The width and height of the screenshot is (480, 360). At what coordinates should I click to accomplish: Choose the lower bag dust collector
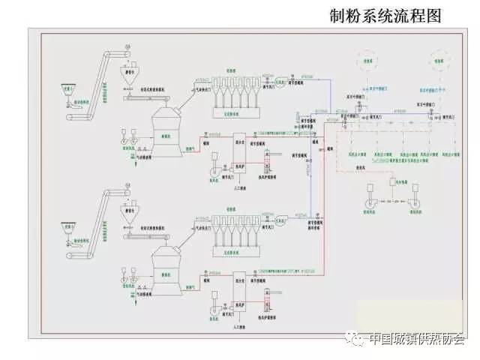click(x=232, y=229)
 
